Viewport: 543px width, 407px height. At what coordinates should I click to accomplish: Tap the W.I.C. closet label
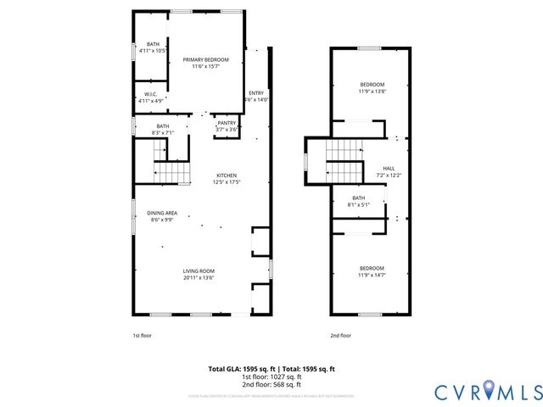(x=150, y=94)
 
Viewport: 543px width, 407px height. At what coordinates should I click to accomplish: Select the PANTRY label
(x=227, y=123)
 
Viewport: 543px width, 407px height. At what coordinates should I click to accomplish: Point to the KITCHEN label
(x=227, y=176)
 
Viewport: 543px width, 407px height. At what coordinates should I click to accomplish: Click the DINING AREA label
(x=162, y=213)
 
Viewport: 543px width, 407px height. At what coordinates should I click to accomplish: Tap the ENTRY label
(x=255, y=93)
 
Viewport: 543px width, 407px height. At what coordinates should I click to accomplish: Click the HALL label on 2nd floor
(x=389, y=169)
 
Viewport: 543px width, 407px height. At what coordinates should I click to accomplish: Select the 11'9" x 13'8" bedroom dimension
(x=372, y=91)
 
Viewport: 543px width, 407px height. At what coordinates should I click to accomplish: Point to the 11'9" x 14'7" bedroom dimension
(x=372, y=275)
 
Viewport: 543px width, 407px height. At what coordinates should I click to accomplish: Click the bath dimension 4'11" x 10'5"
(x=153, y=50)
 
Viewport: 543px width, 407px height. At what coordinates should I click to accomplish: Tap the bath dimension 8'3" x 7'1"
(x=162, y=132)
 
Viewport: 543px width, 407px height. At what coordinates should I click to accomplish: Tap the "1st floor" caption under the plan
(x=142, y=336)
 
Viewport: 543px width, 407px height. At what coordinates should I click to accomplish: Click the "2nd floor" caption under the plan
(x=340, y=336)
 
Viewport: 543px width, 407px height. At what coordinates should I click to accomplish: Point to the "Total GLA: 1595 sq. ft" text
(x=239, y=369)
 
